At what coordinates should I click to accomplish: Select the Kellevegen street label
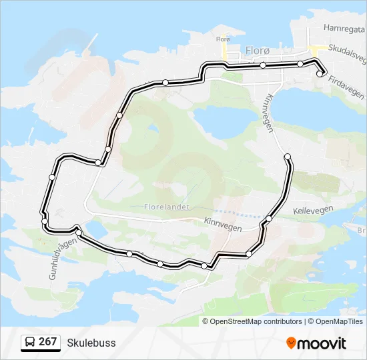click(x=313, y=209)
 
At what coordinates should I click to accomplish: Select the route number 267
click(x=47, y=342)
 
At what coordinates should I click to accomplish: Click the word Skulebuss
click(x=91, y=343)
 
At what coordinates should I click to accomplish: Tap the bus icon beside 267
click(x=30, y=343)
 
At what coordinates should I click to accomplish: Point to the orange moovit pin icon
click(x=292, y=343)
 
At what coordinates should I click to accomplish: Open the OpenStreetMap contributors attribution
click(x=256, y=321)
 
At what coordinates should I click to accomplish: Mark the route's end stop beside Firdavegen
click(x=320, y=74)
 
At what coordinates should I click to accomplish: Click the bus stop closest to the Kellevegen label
click(x=269, y=219)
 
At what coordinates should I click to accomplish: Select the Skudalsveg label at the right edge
click(x=348, y=57)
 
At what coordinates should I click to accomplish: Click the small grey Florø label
click(x=223, y=39)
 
